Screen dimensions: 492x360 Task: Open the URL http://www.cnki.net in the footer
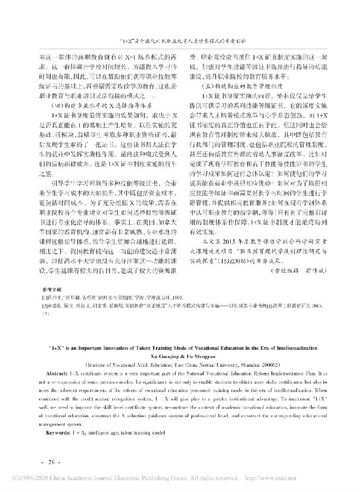(x=325, y=479)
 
